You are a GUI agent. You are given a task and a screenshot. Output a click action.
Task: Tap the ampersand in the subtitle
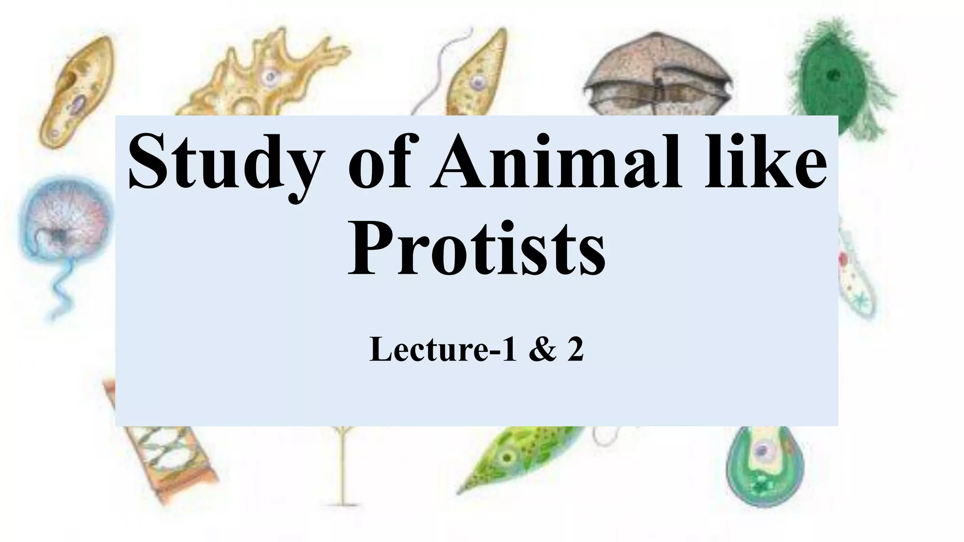pos(543,351)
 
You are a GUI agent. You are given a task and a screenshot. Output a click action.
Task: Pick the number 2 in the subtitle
pos(575,351)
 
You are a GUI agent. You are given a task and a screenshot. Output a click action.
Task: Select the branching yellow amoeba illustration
pos(264,78)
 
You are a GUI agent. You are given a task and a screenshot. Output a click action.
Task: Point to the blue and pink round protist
pos(64,221)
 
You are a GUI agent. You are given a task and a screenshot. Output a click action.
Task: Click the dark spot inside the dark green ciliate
pos(834,75)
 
